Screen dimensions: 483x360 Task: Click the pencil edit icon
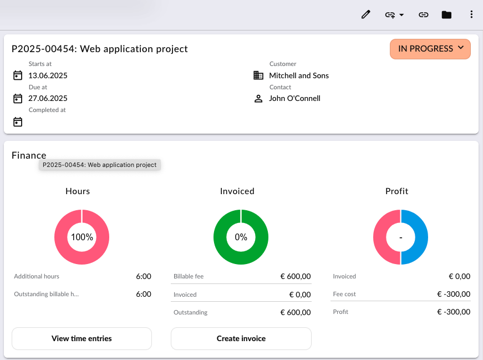point(365,14)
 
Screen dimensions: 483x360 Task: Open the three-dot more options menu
point(471,14)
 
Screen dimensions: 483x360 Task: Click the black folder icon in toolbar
point(446,15)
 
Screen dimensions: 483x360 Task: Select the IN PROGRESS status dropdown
point(430,49)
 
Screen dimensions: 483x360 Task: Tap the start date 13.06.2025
point(48,75)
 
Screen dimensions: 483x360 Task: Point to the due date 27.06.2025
point(48,98)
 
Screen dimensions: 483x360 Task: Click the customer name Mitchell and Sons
point(299,75)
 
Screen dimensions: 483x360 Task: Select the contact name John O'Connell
point(294,98)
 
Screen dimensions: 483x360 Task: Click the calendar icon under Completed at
point(18,121)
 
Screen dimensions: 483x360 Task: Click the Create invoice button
point(241,338)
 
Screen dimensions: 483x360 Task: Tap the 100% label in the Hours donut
point(82,237)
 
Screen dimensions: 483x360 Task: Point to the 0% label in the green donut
point(241,237)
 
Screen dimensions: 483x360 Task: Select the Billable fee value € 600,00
point(296,276)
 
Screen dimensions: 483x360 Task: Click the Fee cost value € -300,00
point(454,294)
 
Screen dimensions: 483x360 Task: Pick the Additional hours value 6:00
point(144,276)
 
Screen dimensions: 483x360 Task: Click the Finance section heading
point(29,155)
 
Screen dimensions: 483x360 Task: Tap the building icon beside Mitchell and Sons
point(258,75)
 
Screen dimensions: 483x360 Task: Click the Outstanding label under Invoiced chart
point(190,312)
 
